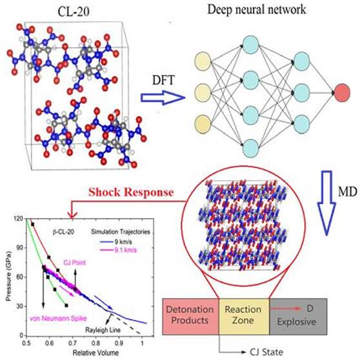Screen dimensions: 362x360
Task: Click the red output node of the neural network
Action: click(342, 93)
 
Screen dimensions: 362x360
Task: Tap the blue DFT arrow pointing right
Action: click(163, 98)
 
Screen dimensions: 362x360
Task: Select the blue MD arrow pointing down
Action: click(327, 203)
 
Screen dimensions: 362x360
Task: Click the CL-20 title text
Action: click(74, 12)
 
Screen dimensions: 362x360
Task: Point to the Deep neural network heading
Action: click(257, 10)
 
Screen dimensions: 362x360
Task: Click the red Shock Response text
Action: click(131, 192)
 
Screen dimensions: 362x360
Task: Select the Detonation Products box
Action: click(190, 316)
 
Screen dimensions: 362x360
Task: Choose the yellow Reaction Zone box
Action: click(244, 316)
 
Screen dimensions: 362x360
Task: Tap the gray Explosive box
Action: click(298, 316)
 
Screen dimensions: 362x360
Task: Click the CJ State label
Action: click(266, 352)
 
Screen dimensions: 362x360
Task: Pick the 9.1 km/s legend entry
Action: click(118, 250)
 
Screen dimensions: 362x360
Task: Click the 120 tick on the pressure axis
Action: click(19, 218)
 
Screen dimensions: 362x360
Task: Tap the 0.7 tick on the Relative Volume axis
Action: click(72, 343)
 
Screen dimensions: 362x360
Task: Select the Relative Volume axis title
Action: click(96, 353)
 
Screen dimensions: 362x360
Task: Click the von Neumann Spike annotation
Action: click(58, 319)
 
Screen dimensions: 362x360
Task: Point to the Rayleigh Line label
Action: click(103, 330)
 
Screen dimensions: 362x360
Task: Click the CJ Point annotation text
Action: click(75, 263)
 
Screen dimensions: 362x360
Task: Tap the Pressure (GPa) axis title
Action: click(8, 276)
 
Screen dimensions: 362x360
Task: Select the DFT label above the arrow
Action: click(163, 80)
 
